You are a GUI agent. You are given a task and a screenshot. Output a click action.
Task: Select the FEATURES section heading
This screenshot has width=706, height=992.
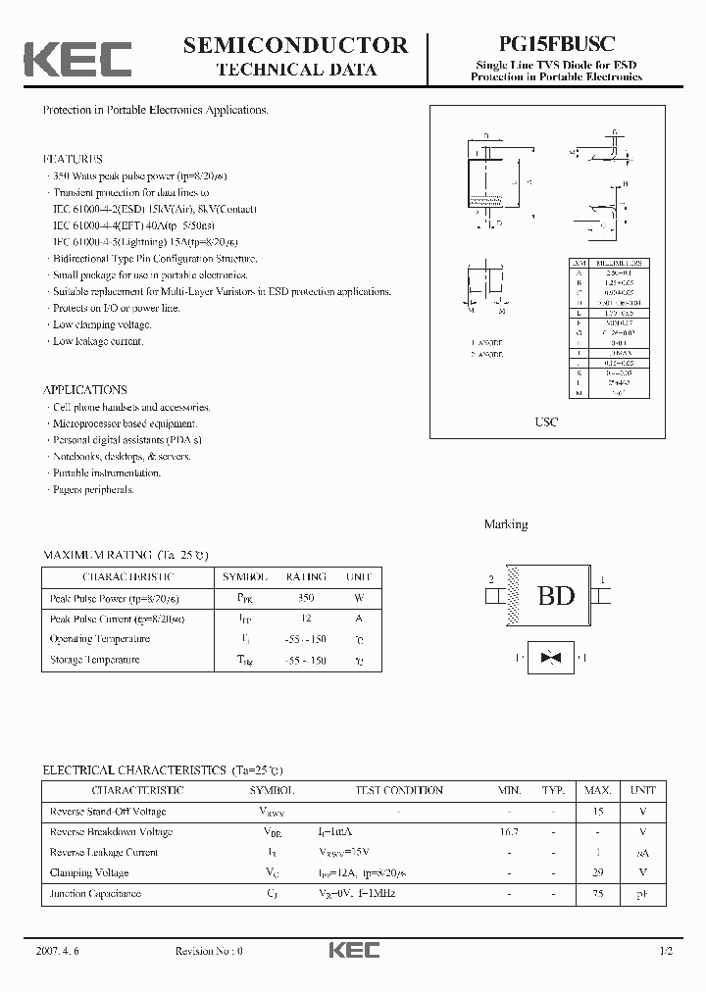pos(73,159)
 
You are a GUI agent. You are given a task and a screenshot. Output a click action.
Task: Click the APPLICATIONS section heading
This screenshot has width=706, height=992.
pos(85,389)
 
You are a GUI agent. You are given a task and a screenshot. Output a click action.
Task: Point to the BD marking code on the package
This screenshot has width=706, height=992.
pos(555,595)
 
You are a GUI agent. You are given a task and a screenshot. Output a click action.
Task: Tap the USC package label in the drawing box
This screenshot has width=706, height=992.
pos(547,422)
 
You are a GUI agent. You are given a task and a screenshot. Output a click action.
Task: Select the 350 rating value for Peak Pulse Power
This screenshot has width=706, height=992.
pos(305,598)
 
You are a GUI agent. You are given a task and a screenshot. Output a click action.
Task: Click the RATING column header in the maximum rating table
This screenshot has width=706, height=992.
pos(306,577)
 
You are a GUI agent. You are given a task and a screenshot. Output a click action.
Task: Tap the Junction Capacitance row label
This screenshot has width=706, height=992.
pos(95,893)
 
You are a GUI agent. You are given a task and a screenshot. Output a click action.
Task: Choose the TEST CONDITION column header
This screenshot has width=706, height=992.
pos(398,790)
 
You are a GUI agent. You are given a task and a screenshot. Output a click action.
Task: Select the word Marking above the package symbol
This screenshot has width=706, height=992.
pos(506,524)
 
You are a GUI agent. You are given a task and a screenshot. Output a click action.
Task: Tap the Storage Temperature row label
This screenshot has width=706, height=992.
pos(95,660)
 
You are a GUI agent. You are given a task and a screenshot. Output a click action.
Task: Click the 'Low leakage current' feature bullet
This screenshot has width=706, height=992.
pos(98,341)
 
